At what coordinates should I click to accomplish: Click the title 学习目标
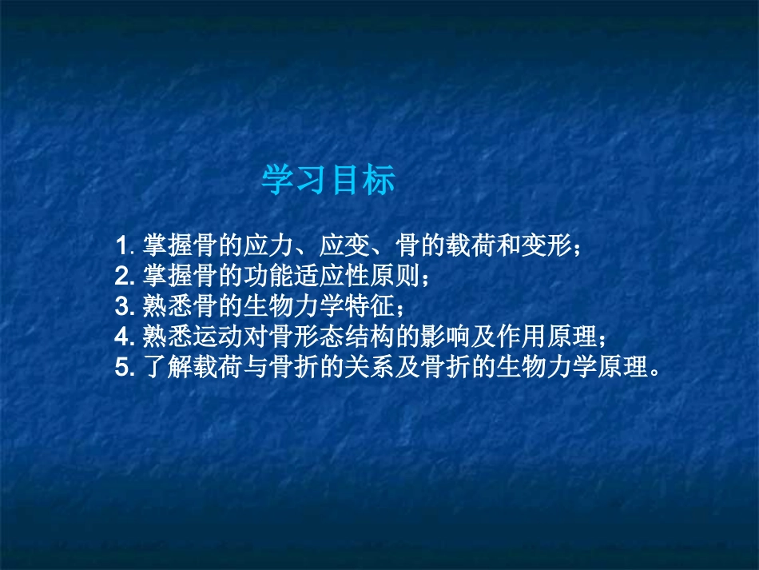pos(328,181)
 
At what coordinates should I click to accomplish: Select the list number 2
pos(123,276)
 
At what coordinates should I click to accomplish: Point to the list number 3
pos(123,306)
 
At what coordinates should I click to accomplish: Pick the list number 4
pos(123,337)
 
